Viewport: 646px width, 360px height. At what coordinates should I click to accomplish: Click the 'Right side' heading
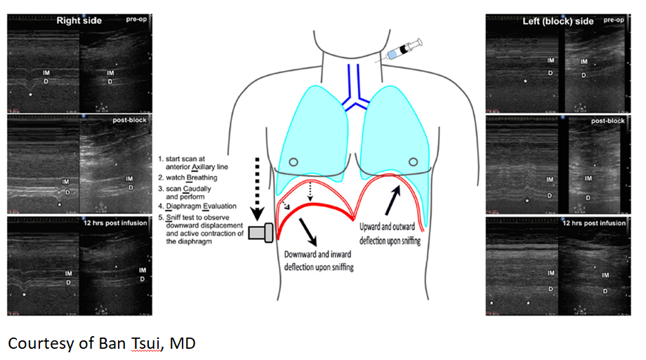click(x=79, y=20)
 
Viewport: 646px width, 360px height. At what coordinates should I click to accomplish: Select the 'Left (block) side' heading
click(x=558, y=21)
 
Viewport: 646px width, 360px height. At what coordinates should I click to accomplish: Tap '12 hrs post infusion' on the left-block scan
click(x=594, y=223)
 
